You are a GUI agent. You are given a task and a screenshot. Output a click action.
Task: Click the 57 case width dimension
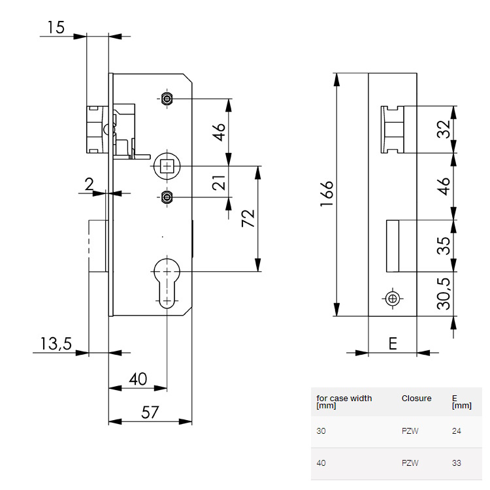(150, 412)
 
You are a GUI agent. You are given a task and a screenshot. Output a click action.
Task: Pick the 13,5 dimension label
(56, 344)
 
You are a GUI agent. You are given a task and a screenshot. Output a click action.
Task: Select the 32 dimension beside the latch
(444, 130)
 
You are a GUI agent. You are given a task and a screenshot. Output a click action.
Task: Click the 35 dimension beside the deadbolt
(444, 246)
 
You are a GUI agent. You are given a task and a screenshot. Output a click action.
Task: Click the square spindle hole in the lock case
(167, 167)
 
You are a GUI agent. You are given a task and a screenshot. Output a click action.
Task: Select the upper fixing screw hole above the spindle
(167, 99)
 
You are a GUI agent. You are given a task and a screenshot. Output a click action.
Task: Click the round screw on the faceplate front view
(392, 299)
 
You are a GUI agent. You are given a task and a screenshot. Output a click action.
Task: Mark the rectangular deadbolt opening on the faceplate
(393, 246)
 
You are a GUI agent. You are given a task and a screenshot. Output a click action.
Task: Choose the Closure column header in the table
(416, 398)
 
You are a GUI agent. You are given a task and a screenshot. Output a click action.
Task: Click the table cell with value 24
(457, 431)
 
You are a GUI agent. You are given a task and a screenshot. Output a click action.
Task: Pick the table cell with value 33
(457, 463)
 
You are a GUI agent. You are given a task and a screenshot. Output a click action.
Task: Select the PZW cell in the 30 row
(410, 431)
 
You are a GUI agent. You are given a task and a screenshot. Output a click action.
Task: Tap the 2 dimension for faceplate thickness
(90, 185)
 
